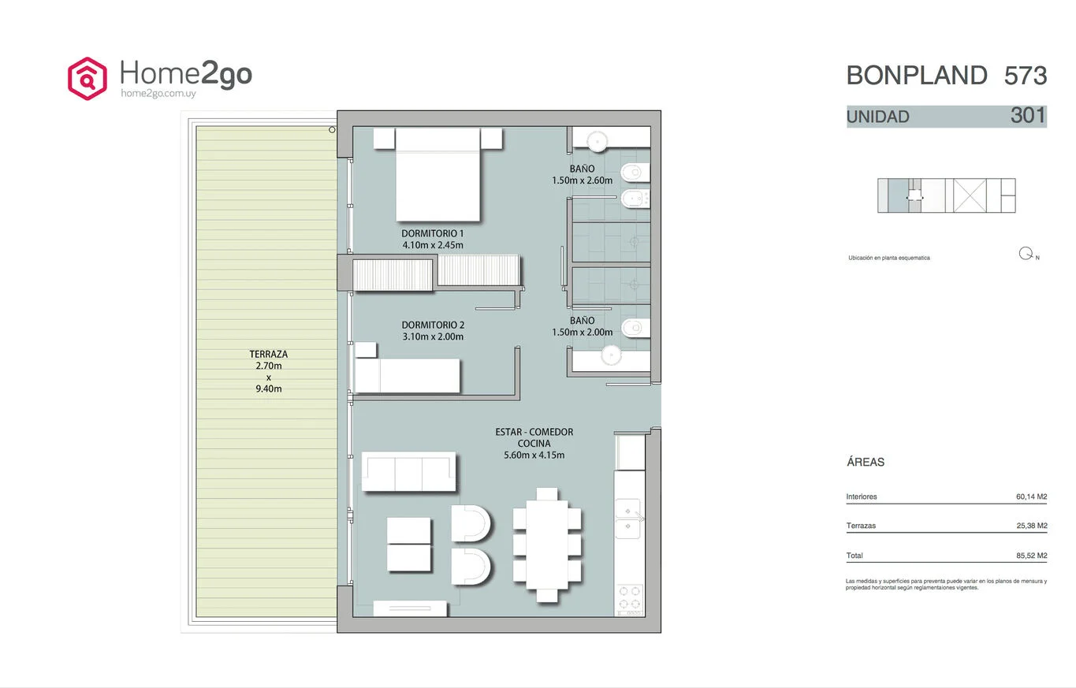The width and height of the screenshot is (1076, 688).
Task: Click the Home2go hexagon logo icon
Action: pos(87,79)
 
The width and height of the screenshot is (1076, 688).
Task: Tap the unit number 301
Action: pos(1028,115)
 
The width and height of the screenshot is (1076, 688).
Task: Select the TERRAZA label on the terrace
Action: pos(269,355)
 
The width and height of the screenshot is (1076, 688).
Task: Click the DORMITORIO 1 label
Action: pos(432,233)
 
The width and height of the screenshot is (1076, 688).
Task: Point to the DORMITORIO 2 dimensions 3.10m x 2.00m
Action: pos(433,337)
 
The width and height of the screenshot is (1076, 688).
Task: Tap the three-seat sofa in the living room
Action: pos(409,471)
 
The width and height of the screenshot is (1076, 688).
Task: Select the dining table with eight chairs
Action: pos(547,545)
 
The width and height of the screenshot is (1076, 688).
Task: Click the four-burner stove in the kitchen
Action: pos(630,598)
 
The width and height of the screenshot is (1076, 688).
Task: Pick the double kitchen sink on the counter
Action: pos(627,519)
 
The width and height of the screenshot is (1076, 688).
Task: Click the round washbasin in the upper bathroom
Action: pos(597,142)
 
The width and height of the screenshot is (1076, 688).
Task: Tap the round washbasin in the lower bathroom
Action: pos(611,355)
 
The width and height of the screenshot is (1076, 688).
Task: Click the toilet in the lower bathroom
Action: pos(635,328)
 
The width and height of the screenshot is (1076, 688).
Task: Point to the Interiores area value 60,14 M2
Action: pos(1031,496)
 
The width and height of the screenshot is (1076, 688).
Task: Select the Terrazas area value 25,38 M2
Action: pos(1031,526)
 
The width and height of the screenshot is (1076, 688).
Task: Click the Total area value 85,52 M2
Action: pos(1031,556)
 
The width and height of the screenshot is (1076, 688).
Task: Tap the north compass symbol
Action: pos(1026,254)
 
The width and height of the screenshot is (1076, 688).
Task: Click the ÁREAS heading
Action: pos(865,462)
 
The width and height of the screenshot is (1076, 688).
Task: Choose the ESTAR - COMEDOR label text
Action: pos(534,432)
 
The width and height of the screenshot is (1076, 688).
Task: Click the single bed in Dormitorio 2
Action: pos(408,375)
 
